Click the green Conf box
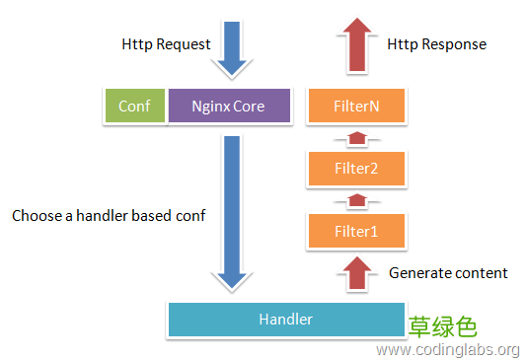[134, 106]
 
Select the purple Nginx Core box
[228, 106]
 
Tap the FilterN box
[356, 106]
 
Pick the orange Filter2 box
[356, 169]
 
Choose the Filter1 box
[356, 231]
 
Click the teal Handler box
[285, 319]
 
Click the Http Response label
[436, 44]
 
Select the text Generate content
[448, 272]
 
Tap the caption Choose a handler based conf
[109, 215]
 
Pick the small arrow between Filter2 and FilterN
[356, 138]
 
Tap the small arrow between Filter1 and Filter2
[356, 200]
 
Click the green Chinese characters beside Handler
[443, 325]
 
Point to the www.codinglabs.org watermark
[448, 349]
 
